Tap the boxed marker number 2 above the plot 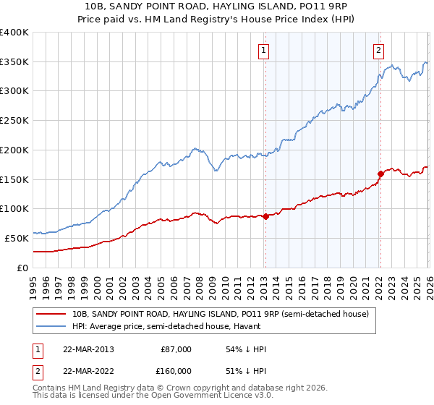point(379,51)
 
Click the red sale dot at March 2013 point(265,216)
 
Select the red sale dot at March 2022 point(380,173)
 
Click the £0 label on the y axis point(23,268)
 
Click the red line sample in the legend point(51,314)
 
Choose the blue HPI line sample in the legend point(51,327)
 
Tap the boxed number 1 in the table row point(36,349)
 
